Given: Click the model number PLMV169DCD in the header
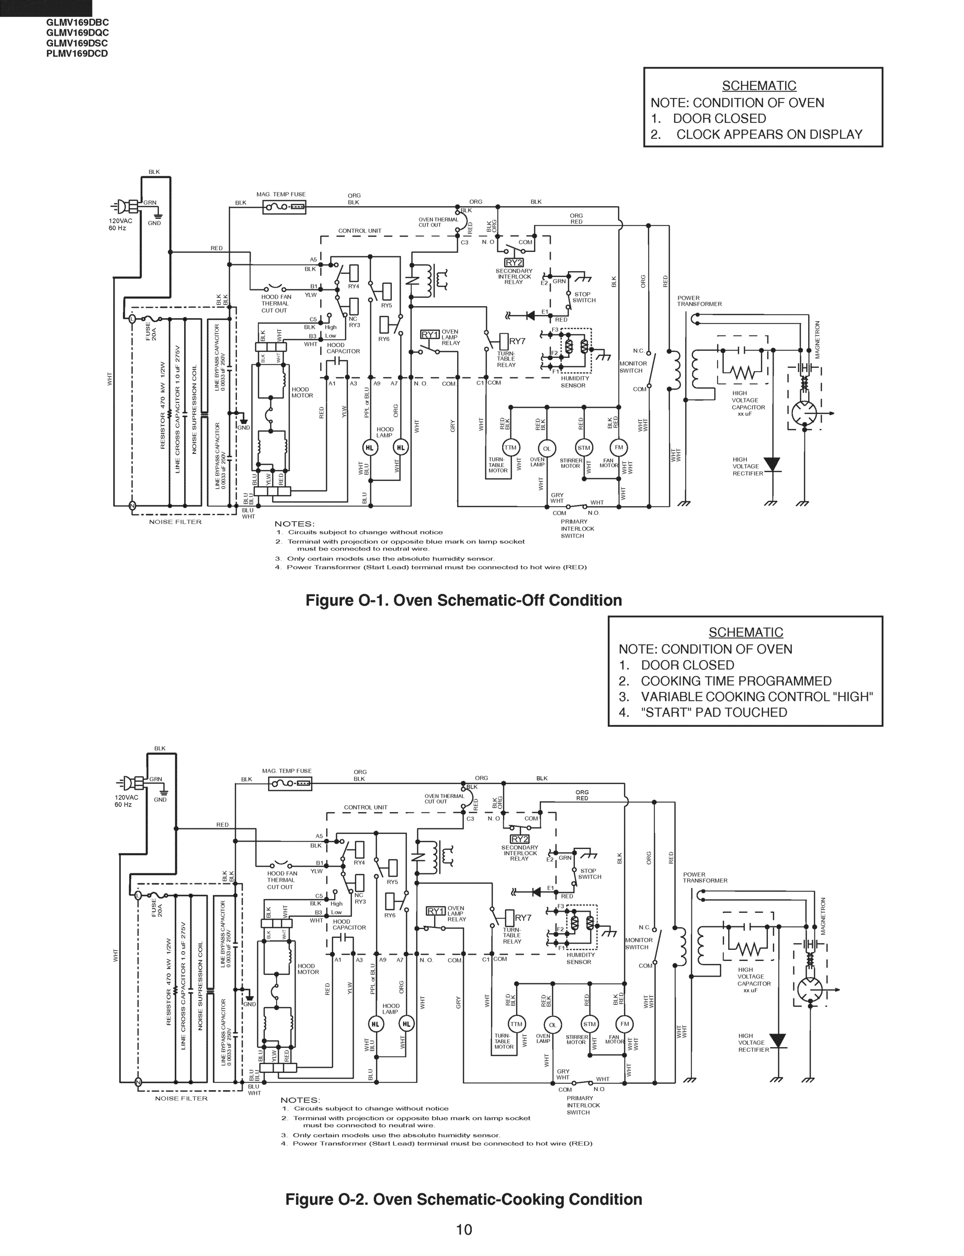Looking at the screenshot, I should [x=77, y=54].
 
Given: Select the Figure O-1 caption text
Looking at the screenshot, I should [x=463, y=600].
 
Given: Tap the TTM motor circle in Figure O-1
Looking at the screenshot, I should [x=509, y=448].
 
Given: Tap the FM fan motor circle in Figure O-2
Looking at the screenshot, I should [x=625, y=1024].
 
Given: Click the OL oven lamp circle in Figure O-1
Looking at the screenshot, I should [x=546, y=448].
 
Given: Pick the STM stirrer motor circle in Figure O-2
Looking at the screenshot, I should [x=589, y=1024].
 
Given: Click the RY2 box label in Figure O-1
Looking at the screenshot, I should [x=514, y=263].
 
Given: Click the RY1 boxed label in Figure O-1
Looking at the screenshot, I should [x=430, y=334].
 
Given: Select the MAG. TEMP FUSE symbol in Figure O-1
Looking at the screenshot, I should [x=284, y=207].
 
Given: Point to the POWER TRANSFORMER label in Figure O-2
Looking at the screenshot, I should [x=705, y=878].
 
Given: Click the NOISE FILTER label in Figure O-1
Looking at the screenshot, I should [x=175, y=522].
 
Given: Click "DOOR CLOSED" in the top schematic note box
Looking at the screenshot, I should [x=719, y=118].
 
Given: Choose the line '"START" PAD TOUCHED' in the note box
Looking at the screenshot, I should [x=714, y=712].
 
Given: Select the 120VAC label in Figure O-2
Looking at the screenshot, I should [x=126, y=798].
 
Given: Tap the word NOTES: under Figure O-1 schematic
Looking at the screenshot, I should [x=294, y=523].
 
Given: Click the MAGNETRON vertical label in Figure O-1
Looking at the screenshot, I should [x=817, y=339].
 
